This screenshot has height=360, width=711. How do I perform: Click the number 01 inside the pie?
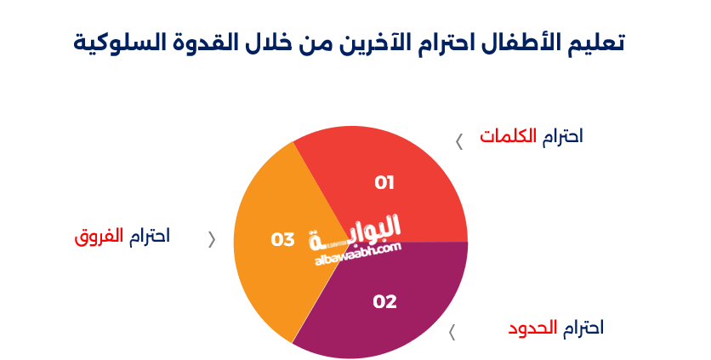[384, 182]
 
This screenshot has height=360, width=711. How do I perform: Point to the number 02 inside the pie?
[385, 300]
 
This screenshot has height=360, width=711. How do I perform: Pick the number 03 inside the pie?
[282, 240]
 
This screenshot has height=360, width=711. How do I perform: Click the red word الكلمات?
[509, 136]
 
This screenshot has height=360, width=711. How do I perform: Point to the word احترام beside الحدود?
[583, 328]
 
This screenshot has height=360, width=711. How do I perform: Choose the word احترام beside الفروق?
[150, 236]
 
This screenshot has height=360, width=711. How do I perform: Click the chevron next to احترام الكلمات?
[459, 141]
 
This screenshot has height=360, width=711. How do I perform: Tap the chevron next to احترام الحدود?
[452, 332]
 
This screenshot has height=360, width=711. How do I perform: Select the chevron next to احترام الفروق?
[212, 239]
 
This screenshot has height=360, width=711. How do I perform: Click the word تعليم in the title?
[596, 43]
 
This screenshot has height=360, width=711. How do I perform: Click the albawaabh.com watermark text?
[357, 253]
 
